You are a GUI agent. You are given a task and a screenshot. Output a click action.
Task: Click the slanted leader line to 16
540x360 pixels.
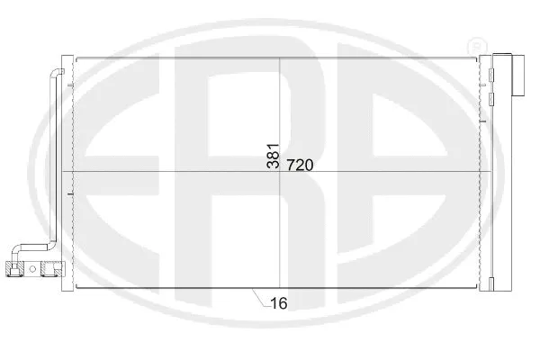pyautogui.click(x=258, y=297)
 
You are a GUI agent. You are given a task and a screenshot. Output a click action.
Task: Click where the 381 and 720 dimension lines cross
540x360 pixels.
pyautogui.click(x=281, y=172)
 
